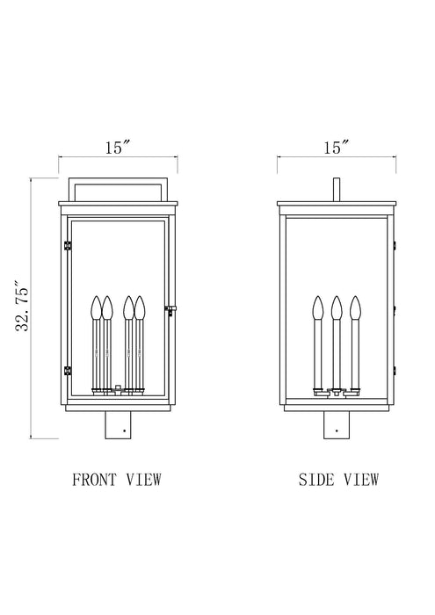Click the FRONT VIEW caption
point(118,479)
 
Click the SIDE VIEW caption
point(337,479)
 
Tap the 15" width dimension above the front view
point(118,148)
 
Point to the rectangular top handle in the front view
point(118,183)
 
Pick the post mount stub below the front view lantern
point(118,426)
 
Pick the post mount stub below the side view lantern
point(335,426)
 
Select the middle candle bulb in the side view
point(336,307)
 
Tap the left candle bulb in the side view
point(317,307)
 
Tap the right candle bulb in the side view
point(355,307)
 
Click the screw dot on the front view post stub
point(127,430)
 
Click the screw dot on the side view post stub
point(335,430)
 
